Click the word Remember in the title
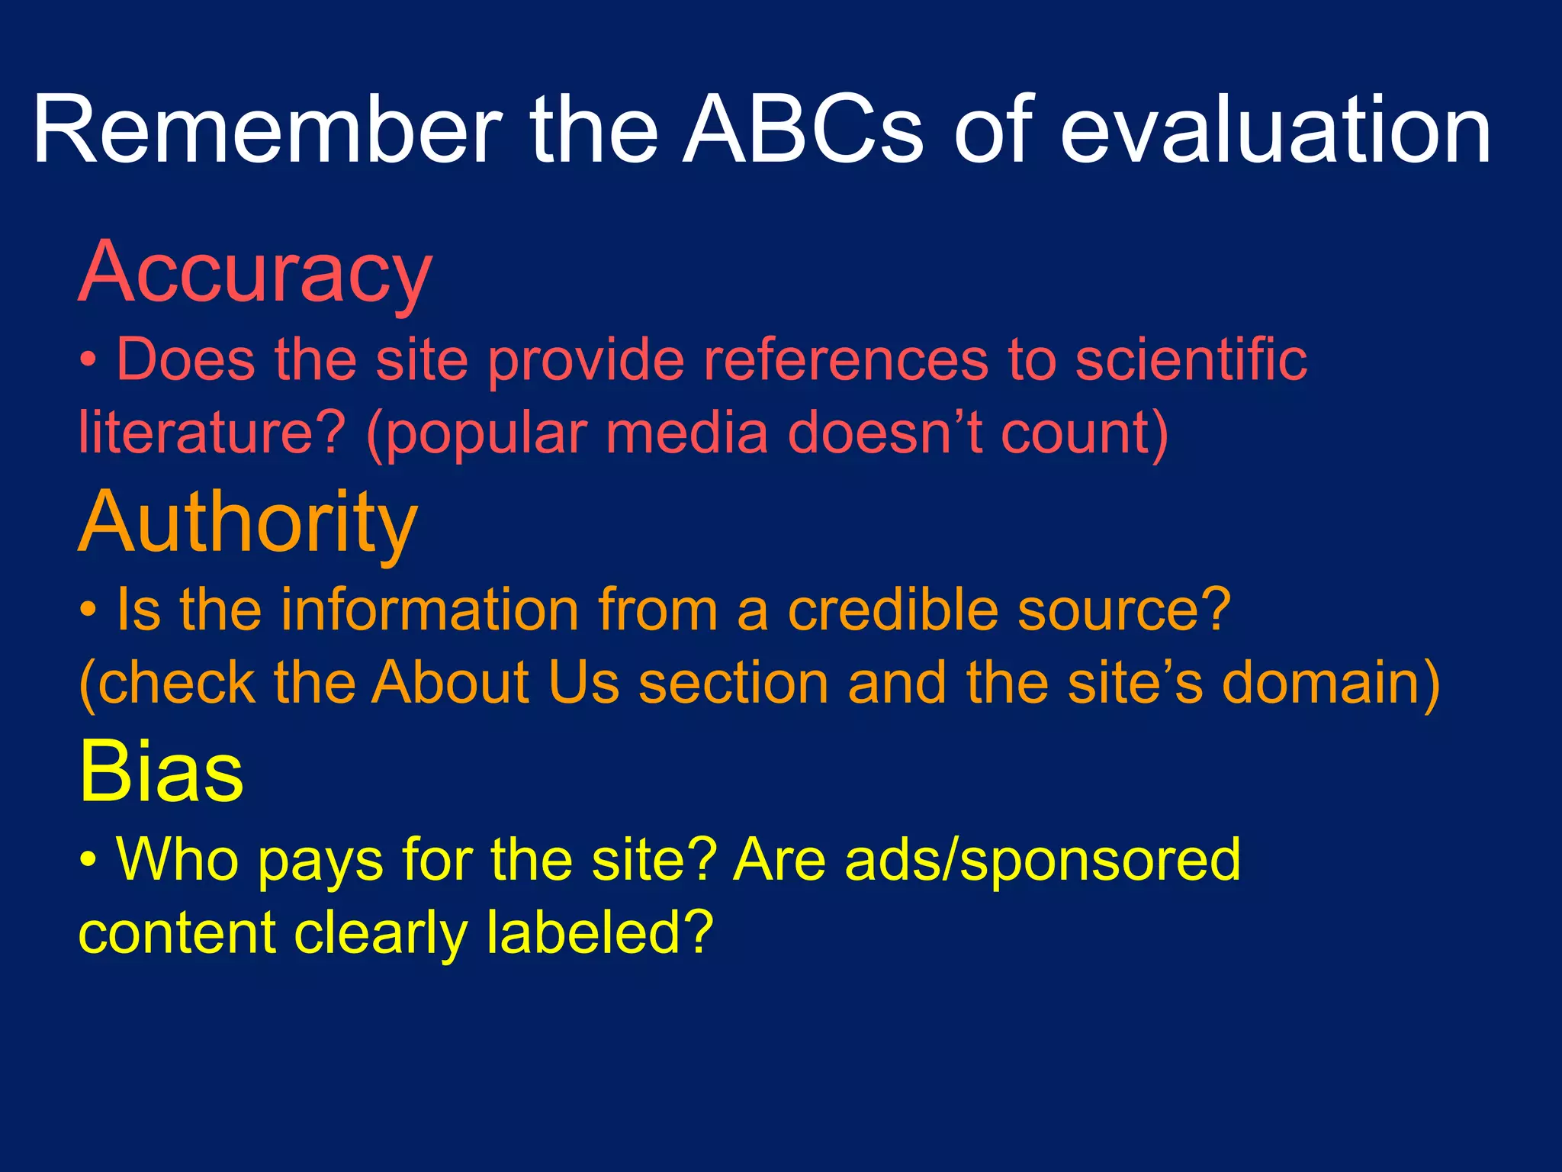click(267, 130)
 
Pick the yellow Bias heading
click(161, 772)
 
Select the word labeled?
click(599, 932)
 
